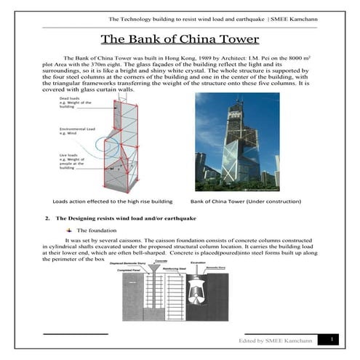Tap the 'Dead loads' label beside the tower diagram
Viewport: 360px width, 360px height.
coord(71,103)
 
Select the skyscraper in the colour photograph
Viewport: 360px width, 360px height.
coord(235,138)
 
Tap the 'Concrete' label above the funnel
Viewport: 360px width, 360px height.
coord(161,259)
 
